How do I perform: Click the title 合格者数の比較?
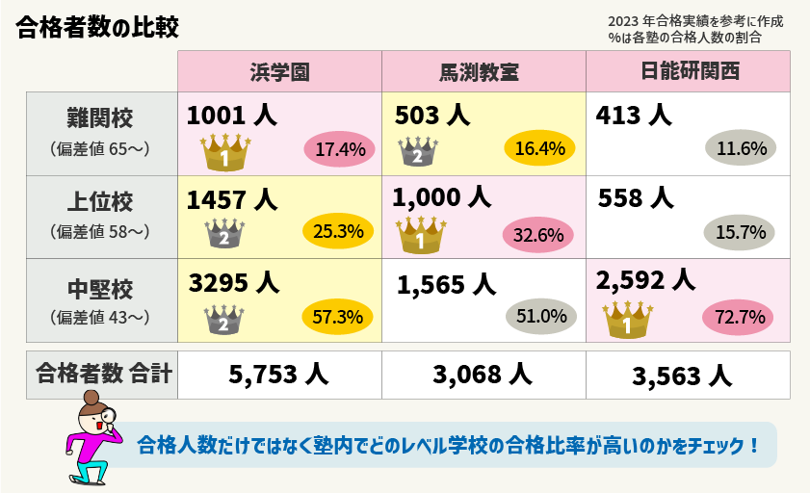(x=97, y=27)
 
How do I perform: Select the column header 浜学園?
(x=279, y=72)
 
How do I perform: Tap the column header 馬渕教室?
(x=483, y=72)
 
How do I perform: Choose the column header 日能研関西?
(x=688, y=72)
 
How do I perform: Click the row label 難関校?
(x=100, y=118)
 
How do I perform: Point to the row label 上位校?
(x=100, y=202)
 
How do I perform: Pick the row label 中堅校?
(x=100, y=287)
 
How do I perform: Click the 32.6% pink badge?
(x=539, y=234)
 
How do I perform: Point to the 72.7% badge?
(x=741, y=316)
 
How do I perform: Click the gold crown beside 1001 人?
(x=224, y=152)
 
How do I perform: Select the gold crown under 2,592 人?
(x=627, y=321)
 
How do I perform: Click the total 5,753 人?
(x=279, y=376)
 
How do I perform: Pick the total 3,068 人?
(x=483, y=376)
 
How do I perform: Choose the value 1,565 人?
(x=446, y=284)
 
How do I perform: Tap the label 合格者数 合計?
(x=102, y=374)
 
